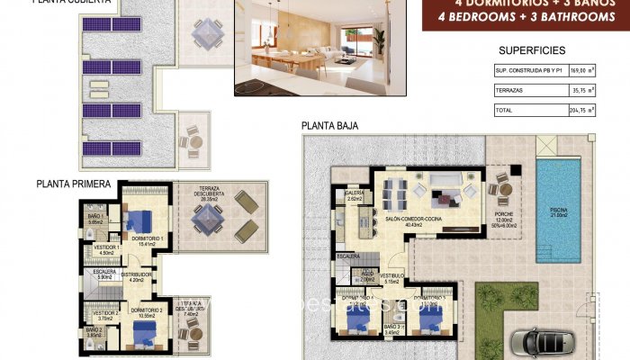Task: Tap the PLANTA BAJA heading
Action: pyautogui.click(x=330, y=127)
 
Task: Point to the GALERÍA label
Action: pyautogui.click(x=354, y=194)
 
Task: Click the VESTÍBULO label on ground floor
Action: pyautogui.click(x=391, y=278)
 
